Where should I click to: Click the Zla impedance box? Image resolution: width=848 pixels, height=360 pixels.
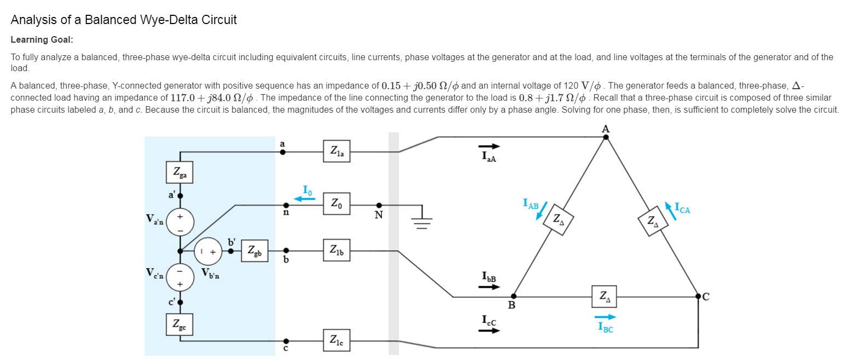336,151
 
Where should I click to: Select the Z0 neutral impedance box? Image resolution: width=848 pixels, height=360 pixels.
336,204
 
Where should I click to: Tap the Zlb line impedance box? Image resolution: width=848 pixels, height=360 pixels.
336,250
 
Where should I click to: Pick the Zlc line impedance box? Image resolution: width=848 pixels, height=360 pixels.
336,340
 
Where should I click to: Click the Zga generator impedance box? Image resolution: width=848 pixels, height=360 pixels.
179,172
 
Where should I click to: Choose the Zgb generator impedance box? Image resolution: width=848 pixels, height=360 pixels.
254,251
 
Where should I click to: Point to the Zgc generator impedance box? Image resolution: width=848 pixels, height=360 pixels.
179,324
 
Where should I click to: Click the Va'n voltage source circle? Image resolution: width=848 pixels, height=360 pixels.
180,222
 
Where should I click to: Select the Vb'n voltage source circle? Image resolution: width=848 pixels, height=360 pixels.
208,251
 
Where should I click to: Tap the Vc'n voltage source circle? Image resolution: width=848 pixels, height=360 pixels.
180,277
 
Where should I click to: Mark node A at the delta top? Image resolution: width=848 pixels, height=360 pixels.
606,137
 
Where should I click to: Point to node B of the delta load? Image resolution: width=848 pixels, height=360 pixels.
514,296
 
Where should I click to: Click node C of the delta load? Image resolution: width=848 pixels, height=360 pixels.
699,296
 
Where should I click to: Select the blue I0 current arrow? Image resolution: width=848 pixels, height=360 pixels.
304,199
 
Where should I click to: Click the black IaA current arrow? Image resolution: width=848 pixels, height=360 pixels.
489,146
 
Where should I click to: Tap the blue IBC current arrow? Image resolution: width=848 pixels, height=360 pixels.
605,317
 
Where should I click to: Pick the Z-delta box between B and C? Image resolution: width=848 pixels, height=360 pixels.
604,297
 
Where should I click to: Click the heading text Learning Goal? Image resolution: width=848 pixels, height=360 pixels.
42,40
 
